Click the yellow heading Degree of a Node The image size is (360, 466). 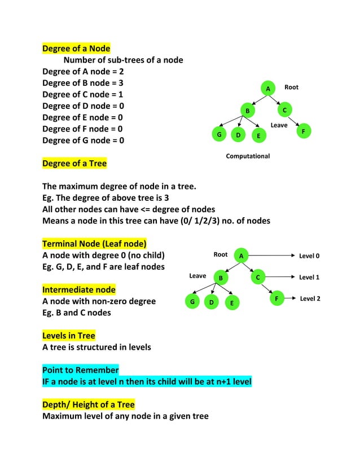(x=76, y=48)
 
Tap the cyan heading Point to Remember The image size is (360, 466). (x=81, y=370)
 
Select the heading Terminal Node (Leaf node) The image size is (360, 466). (x=94, y=244)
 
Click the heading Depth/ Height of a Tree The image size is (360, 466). (x=89, y=405)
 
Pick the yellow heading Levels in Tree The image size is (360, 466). (x=69, y=336)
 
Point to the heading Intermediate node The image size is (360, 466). (x=79, y=289)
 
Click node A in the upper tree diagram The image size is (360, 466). (x=269, y=89)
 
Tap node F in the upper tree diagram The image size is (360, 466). (x=304, y=131)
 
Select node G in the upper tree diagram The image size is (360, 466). (x=219, y=135)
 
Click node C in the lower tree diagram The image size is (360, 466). (x=257, y=277)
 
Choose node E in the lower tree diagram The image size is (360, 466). (x=231, y=303)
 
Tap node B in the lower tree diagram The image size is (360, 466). (x=221, y=278)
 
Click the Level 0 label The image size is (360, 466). (x=309, y=256)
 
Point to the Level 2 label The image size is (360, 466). (x=310, y=298)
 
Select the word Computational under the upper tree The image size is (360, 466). (x=248, y=156)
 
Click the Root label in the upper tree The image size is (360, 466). (x=291, y=87)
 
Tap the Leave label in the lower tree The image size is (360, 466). (x=197, y=276)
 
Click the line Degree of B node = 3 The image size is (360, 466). (x=83, y=83)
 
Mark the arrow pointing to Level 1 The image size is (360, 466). (x=278, y=277)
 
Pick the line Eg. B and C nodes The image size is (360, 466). (x=77, y=313)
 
